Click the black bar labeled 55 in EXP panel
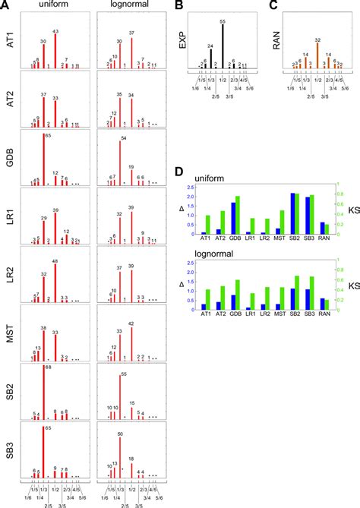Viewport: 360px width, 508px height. tap(223, 46)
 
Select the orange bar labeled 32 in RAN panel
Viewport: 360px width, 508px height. tap(317, 55)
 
